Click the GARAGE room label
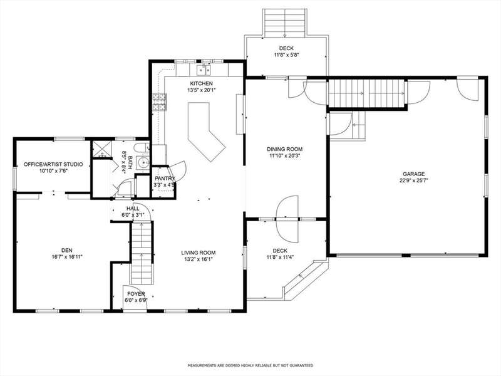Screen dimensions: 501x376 413,174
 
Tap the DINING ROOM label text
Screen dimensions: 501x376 284,149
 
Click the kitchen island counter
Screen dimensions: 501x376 205,131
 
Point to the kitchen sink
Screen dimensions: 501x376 204,69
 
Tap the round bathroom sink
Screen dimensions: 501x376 143,162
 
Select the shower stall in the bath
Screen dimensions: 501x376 102,149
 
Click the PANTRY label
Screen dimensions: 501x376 165,179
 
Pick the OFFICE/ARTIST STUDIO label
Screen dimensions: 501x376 53,164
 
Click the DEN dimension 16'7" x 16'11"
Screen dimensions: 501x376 67,256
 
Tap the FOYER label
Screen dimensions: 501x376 136,294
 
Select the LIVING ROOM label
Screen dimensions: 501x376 199,253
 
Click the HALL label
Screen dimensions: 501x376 133,209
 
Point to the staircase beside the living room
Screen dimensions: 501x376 142,253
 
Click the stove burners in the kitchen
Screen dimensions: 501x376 160,102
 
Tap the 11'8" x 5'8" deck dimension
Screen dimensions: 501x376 286,55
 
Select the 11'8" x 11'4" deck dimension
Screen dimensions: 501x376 280,257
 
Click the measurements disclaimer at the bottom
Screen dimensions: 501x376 250,365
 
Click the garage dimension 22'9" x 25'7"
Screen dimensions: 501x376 413,180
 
